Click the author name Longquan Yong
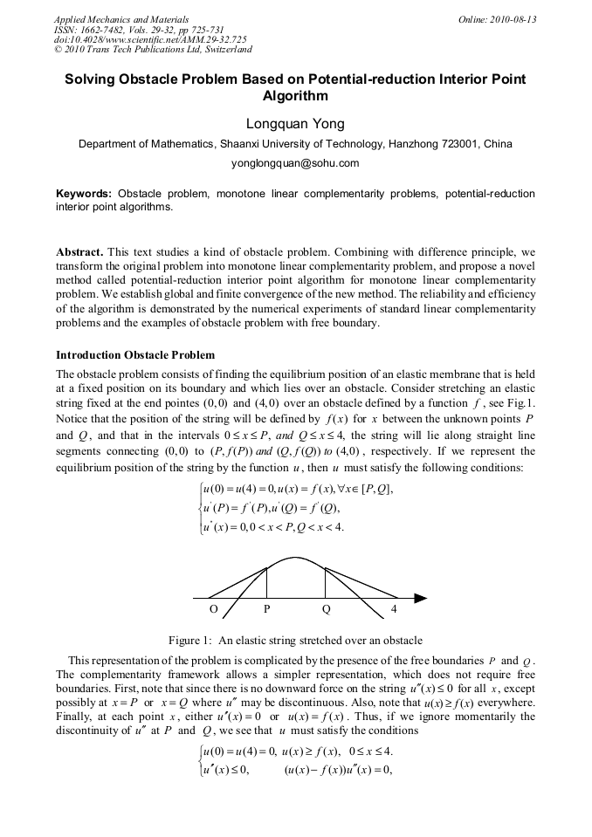(x=295, y=124)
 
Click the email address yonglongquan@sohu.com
(x=295, y=162)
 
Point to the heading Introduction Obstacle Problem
(x=134, y=355)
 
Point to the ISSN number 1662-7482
(x=107, y=29)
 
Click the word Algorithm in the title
(x=295, y=96)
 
